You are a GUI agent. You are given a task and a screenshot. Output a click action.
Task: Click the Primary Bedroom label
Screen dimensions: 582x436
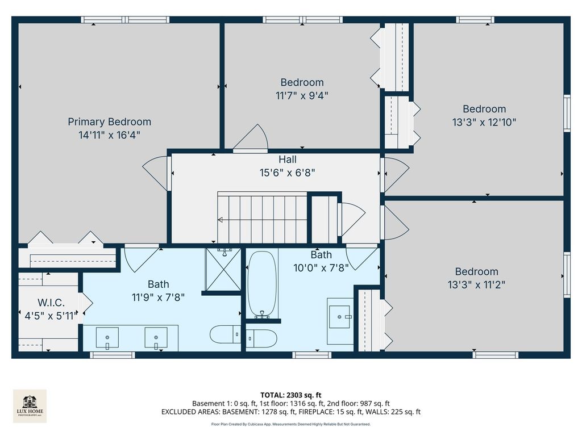[x=110, y=121]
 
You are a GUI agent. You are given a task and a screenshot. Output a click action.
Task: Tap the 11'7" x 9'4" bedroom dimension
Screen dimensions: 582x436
[x=302, y=95]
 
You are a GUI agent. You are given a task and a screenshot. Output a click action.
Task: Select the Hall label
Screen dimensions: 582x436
[x=288, y=160]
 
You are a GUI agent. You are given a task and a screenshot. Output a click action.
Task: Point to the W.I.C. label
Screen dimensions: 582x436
[x=51, y=303]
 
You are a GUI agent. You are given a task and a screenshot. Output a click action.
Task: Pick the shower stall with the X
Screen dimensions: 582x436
[x=223, y=270]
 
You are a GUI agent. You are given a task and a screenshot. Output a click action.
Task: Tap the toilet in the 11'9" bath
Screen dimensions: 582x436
[x=225, y=334]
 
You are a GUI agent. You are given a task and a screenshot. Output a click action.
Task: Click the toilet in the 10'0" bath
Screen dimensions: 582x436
[x=261, y=338]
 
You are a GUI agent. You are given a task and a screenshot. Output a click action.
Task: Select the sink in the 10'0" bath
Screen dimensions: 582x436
[x=340, y=317]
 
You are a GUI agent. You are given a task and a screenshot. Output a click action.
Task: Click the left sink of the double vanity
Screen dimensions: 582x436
[x=107, y=338]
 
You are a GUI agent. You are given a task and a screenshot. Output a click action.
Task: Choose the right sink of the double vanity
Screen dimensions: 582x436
[x=156, y=338]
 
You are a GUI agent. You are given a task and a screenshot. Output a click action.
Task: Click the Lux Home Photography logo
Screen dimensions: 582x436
[x=30, y=406]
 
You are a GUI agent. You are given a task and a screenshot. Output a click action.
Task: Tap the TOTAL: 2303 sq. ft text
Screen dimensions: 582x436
[x=290, y=395]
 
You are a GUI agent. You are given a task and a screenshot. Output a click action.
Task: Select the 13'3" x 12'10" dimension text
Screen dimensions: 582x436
[x=484, y=122]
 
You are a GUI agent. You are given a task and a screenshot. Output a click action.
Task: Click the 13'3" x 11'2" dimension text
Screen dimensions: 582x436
[x=477, y=285]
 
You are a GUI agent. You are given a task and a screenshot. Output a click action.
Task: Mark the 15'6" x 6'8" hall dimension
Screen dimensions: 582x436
[x=287, y=173]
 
